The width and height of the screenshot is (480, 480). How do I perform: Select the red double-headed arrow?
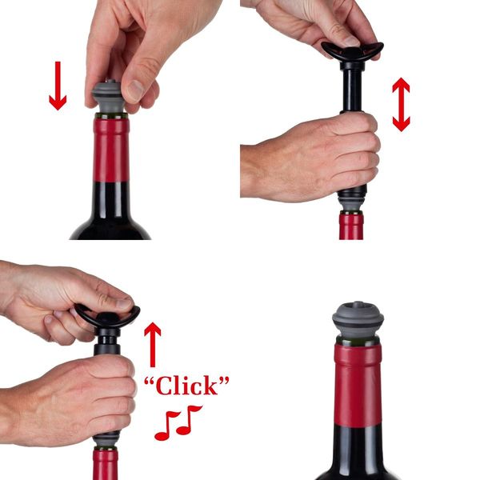(x=401, y=104)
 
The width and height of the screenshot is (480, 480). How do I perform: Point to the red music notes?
(x=178, y=422)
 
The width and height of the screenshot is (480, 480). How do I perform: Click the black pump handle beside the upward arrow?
(x=106, y=316)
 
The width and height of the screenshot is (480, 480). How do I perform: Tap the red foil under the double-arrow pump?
(x=351, y=226)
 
